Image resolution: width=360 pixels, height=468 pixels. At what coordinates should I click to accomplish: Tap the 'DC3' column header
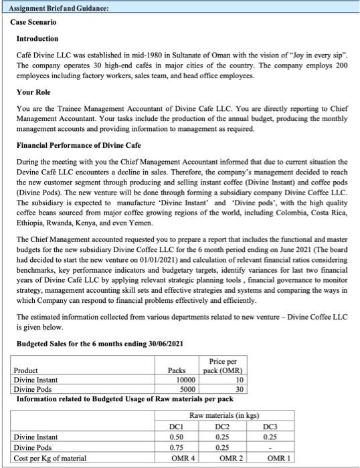coord(270,426)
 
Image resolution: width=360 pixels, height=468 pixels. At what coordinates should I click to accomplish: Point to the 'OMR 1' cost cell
coord(270,460)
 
